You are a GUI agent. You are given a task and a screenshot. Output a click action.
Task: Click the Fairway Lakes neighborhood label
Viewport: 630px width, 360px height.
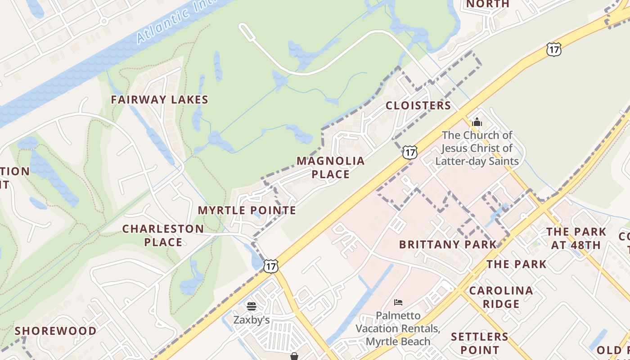(x=160, y=100)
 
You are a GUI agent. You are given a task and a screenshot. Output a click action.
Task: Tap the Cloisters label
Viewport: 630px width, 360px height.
(x=418, y=106)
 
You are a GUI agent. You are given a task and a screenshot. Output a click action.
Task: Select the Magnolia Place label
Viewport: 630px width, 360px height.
(x=330, y=167)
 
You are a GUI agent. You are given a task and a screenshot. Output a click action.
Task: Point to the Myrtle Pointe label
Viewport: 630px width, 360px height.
(x=247, y=210)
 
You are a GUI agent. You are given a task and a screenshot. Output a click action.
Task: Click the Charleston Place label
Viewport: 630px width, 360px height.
(x=163, y=235)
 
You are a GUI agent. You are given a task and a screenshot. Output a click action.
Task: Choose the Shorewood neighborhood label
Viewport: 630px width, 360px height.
(x=56, y=331)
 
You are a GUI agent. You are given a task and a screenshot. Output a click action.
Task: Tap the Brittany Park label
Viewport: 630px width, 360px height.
(x=448, y=244)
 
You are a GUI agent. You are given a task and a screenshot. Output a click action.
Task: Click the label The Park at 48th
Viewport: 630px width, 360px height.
(x=576, y=238)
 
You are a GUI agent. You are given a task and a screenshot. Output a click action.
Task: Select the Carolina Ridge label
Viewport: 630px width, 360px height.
(x=501, y=297)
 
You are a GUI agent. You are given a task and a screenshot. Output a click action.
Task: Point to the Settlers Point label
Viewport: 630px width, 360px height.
(x=480, y=343)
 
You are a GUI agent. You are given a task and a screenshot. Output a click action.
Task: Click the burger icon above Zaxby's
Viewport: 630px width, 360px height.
(x=252, y=306)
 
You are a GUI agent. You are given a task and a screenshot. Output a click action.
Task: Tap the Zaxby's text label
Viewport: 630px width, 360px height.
(x=252, y=320)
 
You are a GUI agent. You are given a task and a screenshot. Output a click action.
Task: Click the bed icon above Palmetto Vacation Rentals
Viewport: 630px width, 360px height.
(x=398, y=302)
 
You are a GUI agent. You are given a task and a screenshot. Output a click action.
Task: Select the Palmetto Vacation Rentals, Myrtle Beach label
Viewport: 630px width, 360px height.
(x=398, y=328)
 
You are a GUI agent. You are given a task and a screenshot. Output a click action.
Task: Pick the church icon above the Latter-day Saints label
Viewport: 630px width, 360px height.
(x=477, y=122)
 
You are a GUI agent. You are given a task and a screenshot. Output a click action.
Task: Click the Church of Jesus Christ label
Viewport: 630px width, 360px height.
(x=477, y=148)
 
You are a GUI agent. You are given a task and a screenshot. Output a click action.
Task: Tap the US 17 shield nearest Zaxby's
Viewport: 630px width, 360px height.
(x=270, y=266)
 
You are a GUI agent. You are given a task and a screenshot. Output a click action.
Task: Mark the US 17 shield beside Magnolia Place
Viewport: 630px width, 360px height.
(x=409, y=152)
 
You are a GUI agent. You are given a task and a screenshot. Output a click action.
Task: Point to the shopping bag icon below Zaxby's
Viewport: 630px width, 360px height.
(x=294, y=356)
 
